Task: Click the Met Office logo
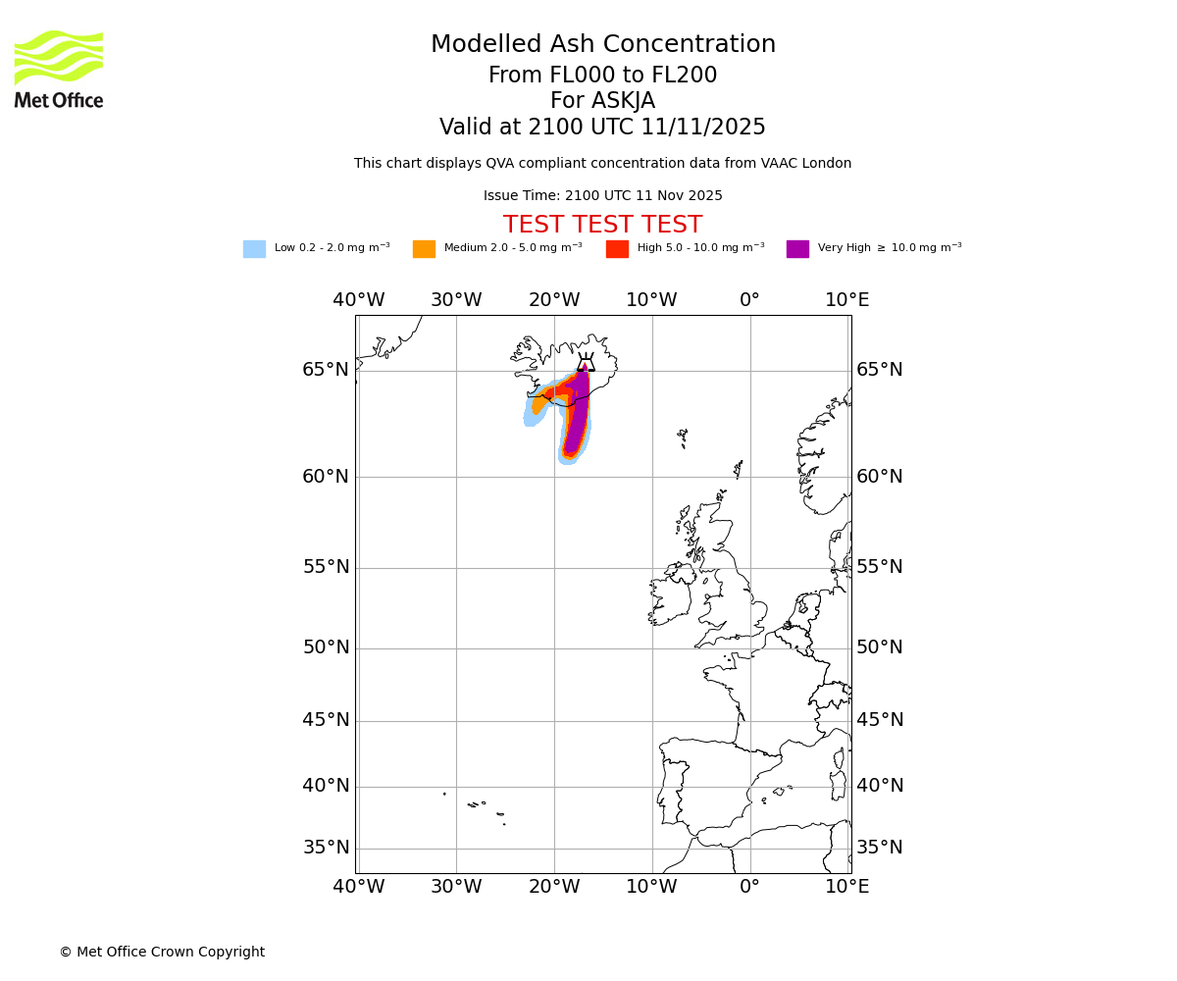point(59,69)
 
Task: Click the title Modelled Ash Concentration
point(603,45)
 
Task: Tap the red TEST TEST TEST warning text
point(602,225)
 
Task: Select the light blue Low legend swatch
point(254,249)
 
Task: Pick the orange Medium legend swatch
point(424,249)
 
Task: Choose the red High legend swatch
point(617,249)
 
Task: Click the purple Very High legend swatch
point(797,249)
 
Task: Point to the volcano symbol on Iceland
point(586,362)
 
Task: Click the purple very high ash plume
point(578,412)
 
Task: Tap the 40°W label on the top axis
point(358,300)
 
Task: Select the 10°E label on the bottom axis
point(846,887)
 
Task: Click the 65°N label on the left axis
point(326,370)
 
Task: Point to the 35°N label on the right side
point(880,848)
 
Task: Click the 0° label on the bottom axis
point(749,887)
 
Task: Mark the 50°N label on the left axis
point(326,647)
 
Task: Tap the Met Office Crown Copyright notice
point(162,952)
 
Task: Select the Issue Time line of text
point(602,196)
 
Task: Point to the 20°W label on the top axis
point(554,300)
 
